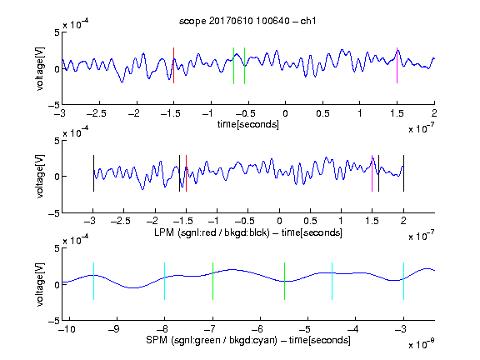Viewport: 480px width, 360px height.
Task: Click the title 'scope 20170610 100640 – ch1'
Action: pyautogui.click(x=247, y=21)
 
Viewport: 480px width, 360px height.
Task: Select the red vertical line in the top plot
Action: pyautogui.click(x=174, y=65)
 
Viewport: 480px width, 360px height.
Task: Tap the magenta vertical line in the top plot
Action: pyautogui.click(x=397, y=65)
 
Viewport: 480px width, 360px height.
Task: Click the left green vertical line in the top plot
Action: pyautogui.click(x=233, y=66)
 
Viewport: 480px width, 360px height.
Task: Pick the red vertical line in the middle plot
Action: pyautogui.click(x=186, y=173)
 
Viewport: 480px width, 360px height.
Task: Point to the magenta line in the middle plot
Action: pyautogui.click(x=372, y=173)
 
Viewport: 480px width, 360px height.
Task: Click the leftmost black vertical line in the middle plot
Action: pyautogui.click(x=93, y=173)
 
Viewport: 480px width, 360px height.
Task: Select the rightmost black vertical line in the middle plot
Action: pyautogui.click(x=404, y=173)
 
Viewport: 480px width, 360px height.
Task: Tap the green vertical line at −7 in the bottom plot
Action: pyautogui.click(x=212, y=281)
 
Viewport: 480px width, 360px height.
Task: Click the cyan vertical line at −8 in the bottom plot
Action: pyautogui.click(x=165, y=281)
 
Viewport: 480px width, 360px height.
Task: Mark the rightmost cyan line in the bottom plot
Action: pyautogui.click(x=404, y=281)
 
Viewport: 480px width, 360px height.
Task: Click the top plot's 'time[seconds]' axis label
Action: pyautogui.click(x=248, y=124)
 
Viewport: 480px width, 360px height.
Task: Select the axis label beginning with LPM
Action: pyautogui.click(x=248, y=232)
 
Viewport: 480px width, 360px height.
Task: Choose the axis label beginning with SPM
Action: pyautogui.click(x=248, y=340)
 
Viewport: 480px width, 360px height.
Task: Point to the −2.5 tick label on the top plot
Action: pyautogui.click(x=97, y=113)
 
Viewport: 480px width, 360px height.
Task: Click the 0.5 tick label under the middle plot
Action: pyautogui.click(x=310, y=221)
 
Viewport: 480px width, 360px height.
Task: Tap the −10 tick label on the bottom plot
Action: pyautogui.click(x=67, y=329)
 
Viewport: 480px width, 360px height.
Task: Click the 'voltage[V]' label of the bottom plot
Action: pyautogui.click(x=40, y=284)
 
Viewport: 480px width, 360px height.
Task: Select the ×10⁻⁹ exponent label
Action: pyautogui.click(x=421, y=344)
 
